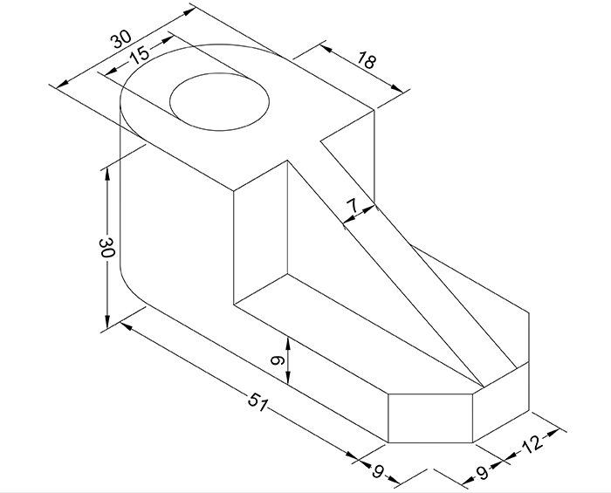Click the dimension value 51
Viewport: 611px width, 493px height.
pyautogui.click(x=256, y=402)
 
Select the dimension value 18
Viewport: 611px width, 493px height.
pyautogui.click(x=366, y=60)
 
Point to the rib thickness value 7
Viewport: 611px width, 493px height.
pyautogui.click(x=353, y=206)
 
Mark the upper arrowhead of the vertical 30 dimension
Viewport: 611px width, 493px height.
pyautogui.click(x=106, y=172)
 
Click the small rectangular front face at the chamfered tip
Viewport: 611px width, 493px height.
pyautogui.click(x=429, y=417)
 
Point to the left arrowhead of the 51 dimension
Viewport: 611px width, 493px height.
pyautogui.click(x=125, y=325)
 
